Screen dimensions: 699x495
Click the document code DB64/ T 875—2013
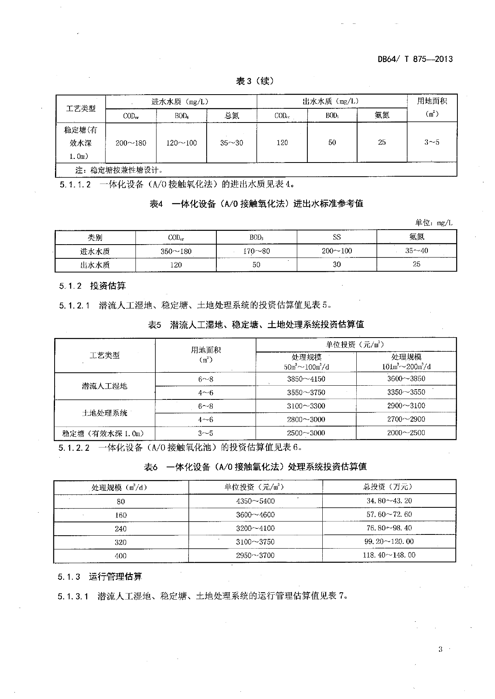pos(415,59)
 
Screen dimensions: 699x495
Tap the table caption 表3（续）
pos(255,81)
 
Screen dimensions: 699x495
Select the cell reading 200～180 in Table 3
pos(131,143)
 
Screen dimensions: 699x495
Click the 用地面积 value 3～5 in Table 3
pos(432,142)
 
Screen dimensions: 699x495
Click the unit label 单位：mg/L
pos(434,222)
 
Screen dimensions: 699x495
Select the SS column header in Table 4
pos(336,237)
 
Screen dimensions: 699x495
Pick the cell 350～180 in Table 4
pos(176,251)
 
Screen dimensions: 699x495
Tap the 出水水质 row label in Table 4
pos(95,265)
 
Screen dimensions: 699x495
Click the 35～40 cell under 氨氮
pos(417,251)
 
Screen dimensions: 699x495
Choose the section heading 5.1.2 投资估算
pos(92,286)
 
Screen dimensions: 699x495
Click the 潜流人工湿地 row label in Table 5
pos(104,386)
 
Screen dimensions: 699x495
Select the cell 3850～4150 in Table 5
pos(306,379)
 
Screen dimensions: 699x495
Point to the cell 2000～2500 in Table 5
pos(406,433)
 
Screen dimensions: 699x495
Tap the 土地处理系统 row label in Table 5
pos(104,413)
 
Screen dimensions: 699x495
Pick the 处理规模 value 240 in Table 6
pos(121,529)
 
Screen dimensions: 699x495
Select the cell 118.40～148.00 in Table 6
pos(389,555)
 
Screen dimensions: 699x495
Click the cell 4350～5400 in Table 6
pos(255,501)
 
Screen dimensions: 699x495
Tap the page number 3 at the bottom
pos(440,650)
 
